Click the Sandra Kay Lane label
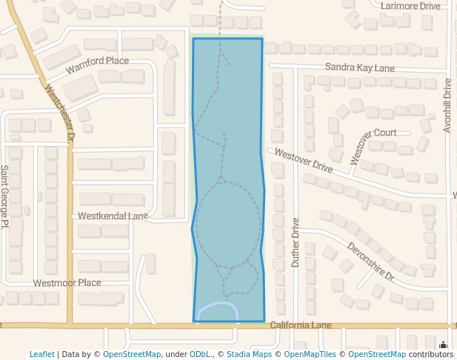click(359, 68)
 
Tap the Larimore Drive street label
click(410, 6)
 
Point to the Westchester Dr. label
click(61, 114)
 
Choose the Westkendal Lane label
click(113, 216)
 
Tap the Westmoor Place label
click(67, 283)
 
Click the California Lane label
click(301, 325)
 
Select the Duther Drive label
click(296, 242)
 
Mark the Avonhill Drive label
click(447, 106)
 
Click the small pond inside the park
click(224, 272)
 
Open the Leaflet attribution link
click(41, 354)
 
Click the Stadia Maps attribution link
click(249, 354)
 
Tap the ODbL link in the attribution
click(201, 354)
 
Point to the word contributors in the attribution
click(431, 354)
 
